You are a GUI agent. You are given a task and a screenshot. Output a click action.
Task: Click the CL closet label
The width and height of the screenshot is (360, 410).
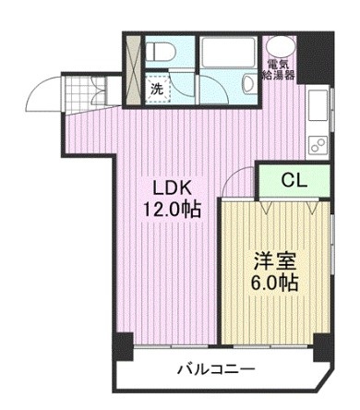(x=294, y=179)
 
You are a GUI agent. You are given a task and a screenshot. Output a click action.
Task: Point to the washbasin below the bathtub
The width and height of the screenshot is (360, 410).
(x=247, y=86)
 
